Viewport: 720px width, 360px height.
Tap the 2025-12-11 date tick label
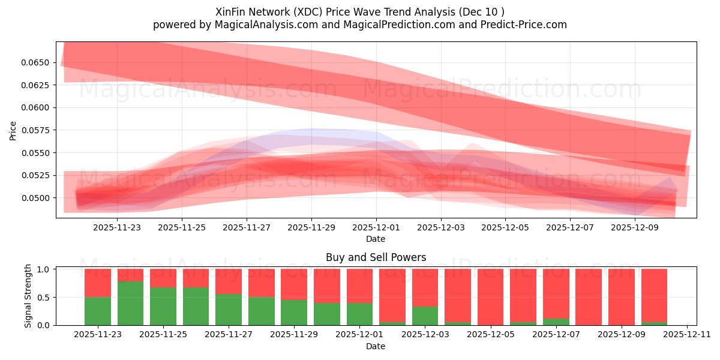(x=686, y=334)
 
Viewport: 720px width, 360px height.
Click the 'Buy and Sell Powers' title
(x=376, y=257)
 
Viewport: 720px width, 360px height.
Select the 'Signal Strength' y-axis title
(x=28, y=296)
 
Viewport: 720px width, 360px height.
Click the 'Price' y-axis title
(x=13, y=130)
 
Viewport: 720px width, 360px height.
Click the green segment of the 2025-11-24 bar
(x=130, y=303)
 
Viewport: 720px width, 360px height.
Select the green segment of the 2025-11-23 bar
(x=98, y=311)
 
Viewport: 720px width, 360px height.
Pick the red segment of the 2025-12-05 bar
(x=490, y=296)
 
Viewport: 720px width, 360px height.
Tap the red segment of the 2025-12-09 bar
(x=621, y=296)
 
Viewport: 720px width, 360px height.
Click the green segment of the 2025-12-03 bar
(x=425, y=316)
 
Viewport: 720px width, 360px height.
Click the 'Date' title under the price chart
(x=376, y=239)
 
